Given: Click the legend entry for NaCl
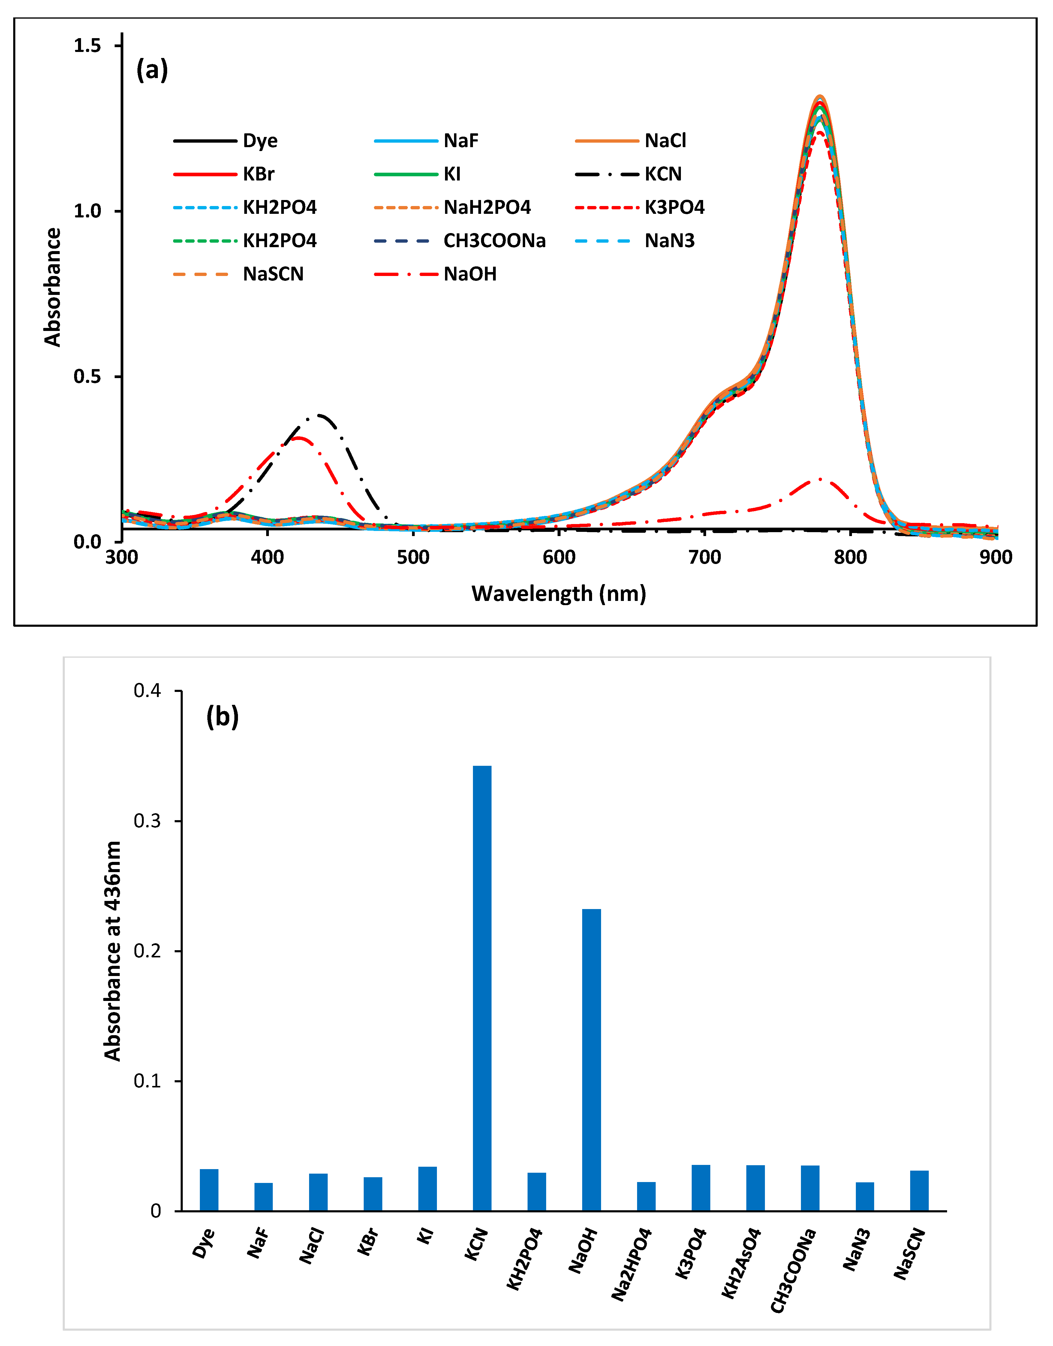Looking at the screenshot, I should point(665,141).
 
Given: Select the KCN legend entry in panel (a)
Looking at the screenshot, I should point(663,174).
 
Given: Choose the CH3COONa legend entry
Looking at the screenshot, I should point(494,241).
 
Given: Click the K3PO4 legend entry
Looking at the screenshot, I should point(674,207).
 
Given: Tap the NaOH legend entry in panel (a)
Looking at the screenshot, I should point(470,274).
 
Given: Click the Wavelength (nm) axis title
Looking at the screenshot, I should point(558,593).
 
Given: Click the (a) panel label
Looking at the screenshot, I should point(152,70).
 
